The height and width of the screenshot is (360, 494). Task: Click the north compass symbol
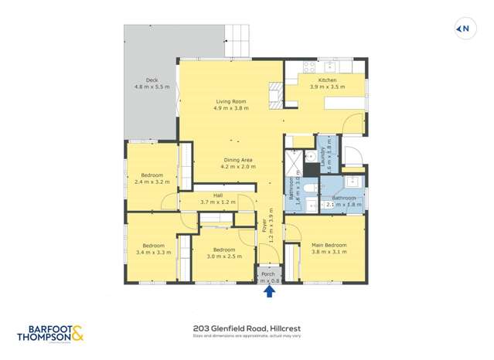point(463,29)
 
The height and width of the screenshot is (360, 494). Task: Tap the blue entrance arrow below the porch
point(269,291)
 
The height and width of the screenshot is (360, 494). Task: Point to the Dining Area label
point(237,163)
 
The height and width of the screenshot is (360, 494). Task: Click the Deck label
point(151,83)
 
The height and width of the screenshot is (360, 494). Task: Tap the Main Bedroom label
point(329,249)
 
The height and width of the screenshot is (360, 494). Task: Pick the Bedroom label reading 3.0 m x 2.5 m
point(223,253)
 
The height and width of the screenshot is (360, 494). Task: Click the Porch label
point(268,277)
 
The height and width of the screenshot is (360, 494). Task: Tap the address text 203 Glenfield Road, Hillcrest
point(241,328)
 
